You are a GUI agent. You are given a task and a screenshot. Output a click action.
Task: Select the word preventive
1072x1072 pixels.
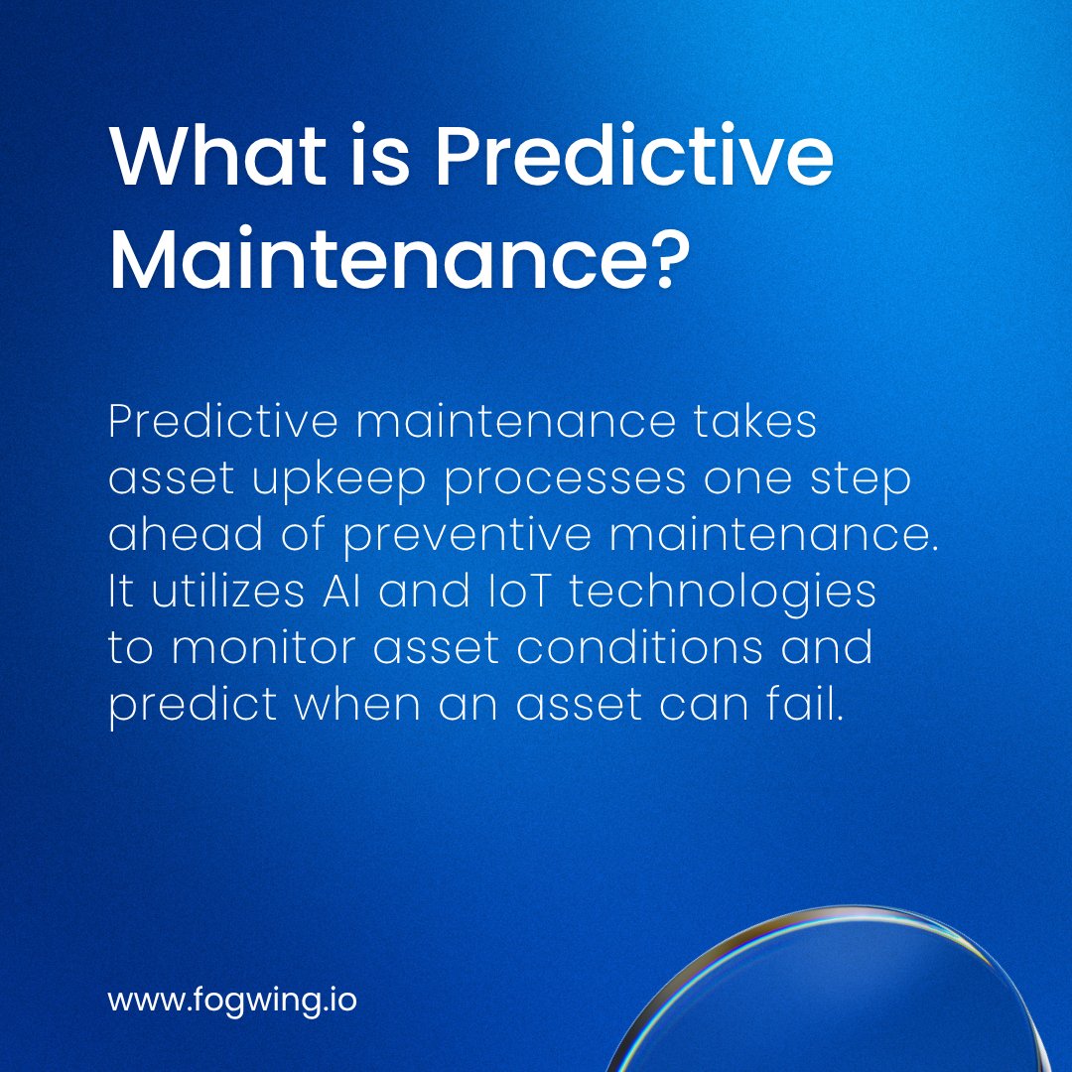[469, 536]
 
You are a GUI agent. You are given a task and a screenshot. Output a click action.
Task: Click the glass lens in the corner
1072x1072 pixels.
[844, 1003]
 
